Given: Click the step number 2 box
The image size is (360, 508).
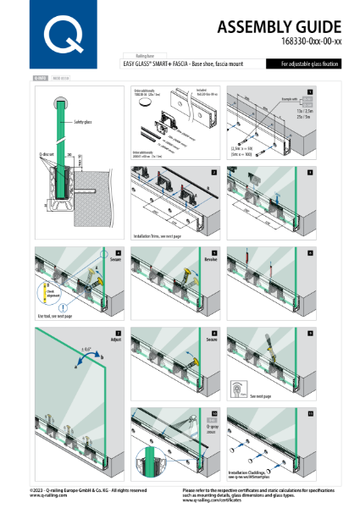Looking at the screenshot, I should click(x=214, y=172).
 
